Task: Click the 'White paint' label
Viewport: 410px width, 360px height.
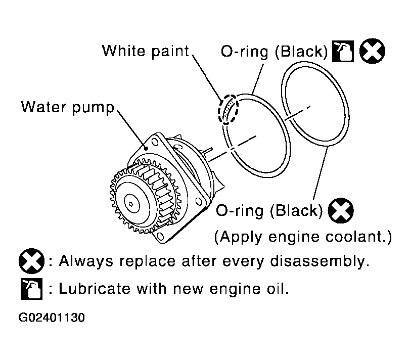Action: pos(146,51)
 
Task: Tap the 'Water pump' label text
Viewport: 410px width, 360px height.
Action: pos(68,107)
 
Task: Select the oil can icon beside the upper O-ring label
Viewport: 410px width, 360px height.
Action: pos(343,51)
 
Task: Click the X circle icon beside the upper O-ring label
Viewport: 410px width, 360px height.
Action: pos(372,51)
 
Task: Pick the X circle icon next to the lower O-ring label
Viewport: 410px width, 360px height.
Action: pos(340,211)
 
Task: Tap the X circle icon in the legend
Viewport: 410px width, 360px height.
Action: pos(32,261)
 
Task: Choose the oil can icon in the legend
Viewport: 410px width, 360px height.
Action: pos(32,289)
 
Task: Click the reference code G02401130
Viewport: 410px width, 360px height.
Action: pos(52,318)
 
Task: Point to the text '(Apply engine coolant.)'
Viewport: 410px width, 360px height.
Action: pos(303,237)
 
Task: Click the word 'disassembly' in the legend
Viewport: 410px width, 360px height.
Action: pos(317,261)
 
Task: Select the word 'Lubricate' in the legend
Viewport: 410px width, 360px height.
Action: pos(95,289)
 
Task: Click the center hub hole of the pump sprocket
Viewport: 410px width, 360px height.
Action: pos(131,204)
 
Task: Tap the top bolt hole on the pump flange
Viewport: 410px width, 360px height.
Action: pos(155,143)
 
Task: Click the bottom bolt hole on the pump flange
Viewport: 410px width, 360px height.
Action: pos(160,237)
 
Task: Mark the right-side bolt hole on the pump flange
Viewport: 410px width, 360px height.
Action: pos(199,202)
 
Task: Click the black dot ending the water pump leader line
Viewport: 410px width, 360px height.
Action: pos(146,149)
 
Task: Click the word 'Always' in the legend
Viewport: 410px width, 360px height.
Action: pos(86,261)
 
